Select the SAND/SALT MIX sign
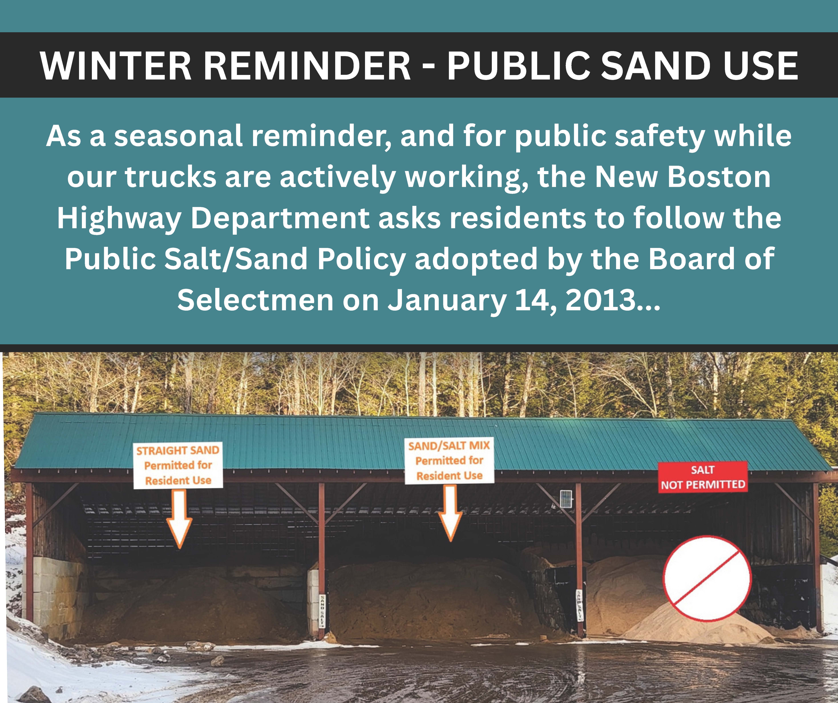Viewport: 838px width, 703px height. (x=449, y=460)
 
